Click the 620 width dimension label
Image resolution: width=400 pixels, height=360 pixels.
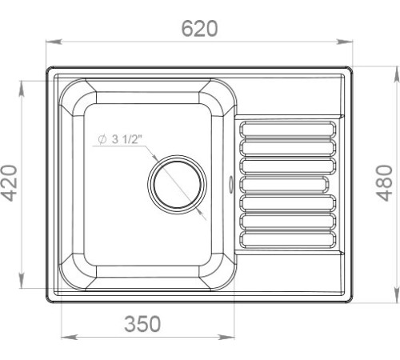(199, 28)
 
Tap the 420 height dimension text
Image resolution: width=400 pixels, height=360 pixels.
(10, 183)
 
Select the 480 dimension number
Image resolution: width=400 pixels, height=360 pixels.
(384, 183)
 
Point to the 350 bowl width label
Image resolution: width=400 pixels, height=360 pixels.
(142, 324)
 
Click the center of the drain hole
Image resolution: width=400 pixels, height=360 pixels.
(177, 185)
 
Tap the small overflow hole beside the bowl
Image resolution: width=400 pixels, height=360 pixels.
(230, 183)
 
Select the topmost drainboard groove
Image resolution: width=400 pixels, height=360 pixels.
(288, 130)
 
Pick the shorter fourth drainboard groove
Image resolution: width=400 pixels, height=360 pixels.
(284, 185)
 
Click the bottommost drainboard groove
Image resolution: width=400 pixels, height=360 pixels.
(288, 239)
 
